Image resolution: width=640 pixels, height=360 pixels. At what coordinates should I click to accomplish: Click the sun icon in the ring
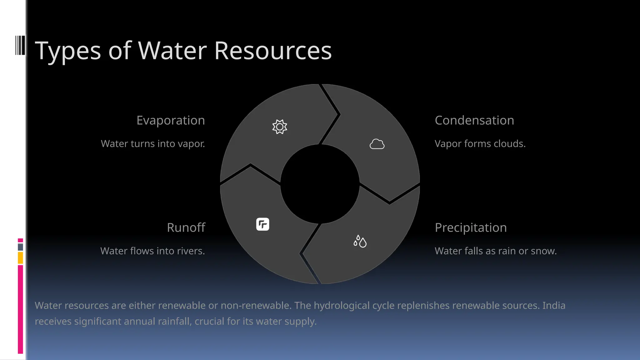[x=279, y=127]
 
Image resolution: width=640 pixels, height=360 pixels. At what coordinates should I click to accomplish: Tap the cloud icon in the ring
[x=377, y=144]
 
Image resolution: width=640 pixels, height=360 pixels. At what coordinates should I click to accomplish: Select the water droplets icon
[x=360, y=242]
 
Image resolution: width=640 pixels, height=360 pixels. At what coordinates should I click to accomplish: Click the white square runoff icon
[x=262, y=224]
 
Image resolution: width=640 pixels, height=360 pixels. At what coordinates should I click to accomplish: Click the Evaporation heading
[x=171, y=120]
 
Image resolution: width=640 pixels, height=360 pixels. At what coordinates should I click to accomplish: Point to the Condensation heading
[x=474, y=120]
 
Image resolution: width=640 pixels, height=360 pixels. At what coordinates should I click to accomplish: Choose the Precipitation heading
[x=470, y=227]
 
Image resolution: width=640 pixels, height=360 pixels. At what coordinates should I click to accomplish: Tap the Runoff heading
[x=186, y=227]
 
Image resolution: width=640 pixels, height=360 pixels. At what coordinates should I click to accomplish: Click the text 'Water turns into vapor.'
[x=153, y=144]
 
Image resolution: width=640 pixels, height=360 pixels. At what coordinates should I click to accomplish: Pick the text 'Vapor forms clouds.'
[x=480, y=144]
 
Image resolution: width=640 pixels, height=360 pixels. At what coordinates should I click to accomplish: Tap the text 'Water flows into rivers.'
[x=152, y=251]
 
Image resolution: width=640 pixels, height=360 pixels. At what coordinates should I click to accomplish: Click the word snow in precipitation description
[x=545, y=251]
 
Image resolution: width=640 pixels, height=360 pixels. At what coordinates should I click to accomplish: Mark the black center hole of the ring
[x=320, y=184]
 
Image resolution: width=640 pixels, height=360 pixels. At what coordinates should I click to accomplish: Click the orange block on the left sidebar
[x=20, y=258]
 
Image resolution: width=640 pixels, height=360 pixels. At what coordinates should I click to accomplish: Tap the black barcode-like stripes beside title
[x=20, y=45]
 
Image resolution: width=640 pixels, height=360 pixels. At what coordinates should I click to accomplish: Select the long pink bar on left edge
[x=20, y=309]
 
